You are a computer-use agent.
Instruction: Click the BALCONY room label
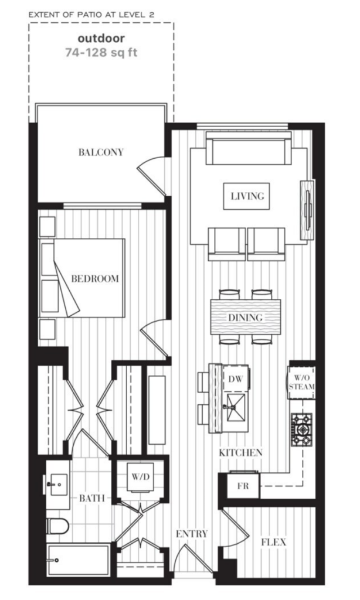[101, 152]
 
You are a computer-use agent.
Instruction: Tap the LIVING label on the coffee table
[247, 196]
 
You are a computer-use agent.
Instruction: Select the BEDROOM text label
[94, 278]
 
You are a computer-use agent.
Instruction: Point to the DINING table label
[246, 318]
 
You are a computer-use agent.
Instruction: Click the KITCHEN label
[240, 453]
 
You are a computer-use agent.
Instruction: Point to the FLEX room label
[273, 543]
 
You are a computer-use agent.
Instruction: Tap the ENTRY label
[192, 534]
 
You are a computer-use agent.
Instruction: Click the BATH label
[93, 499]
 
